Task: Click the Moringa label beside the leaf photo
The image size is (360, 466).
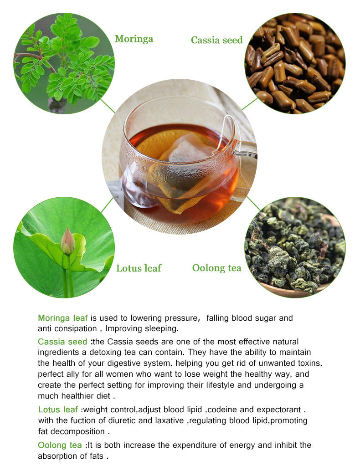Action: point(134,39)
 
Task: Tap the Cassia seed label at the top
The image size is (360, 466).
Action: point(216,40)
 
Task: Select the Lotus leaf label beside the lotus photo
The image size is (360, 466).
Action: point(139,268)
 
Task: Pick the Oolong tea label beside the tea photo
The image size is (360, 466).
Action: point(216,268)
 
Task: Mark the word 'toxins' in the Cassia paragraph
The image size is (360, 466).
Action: point(311,363)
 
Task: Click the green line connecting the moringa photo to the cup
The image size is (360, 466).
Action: point(108,106)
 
